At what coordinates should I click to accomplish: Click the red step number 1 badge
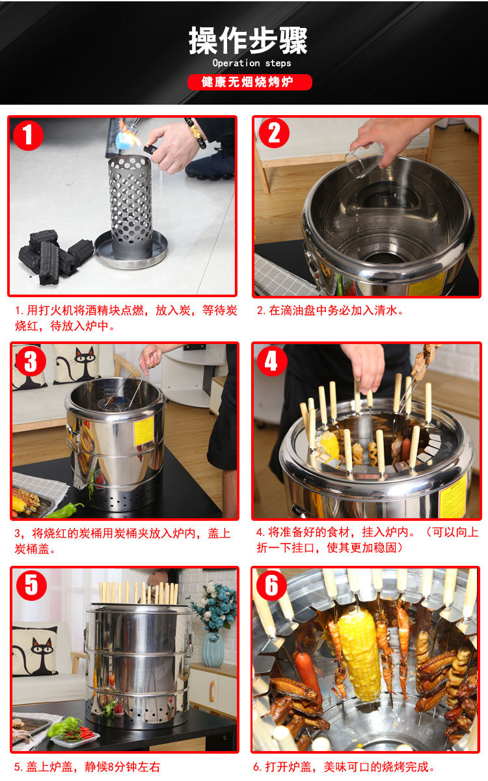point(28,135)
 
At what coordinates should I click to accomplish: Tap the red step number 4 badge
point(272,361)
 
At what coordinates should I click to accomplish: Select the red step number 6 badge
point(271,585)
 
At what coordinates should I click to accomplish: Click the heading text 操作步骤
point(248,41)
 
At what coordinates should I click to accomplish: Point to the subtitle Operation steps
point(252,63)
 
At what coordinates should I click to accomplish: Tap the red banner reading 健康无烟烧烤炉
point(250,83)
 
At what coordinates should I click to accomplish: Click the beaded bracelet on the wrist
point(196,133)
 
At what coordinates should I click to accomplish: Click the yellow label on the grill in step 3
point(144,431)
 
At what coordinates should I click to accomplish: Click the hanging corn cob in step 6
point(359,656)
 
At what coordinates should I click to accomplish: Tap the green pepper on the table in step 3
point(65,510)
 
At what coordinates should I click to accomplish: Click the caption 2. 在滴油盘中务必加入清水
point(330,310)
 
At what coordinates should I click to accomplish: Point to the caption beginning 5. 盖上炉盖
point(87,767)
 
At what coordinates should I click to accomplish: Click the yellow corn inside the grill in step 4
point(329,445)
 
